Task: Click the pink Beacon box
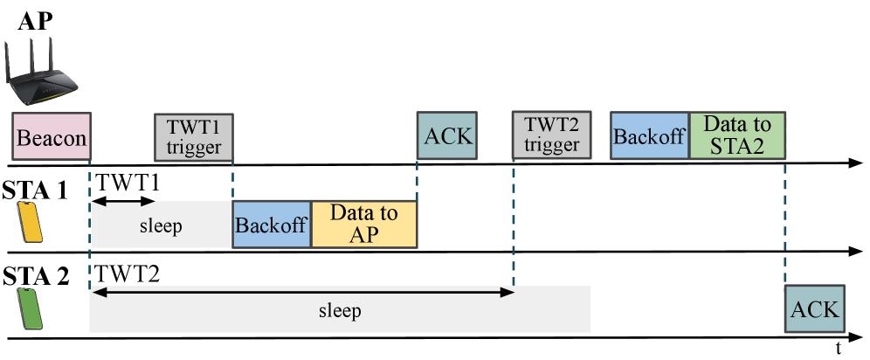pos(52,136)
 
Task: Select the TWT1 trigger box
pos(194,137)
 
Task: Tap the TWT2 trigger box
pos(552,135)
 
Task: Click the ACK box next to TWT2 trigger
pos(447,135)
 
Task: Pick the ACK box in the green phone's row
pos(814,308)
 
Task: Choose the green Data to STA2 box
pos(737,135)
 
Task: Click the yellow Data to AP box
pos(363,224)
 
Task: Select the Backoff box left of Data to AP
pos(271,224)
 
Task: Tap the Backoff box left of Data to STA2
pos(649,135)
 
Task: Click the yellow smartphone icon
pos(31,222)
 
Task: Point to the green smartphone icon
pos(31,309)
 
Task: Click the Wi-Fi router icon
pos(40,75)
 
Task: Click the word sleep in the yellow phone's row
pos(161,226)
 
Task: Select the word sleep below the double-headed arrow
pos(340,311)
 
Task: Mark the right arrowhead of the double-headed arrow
pos(507,293)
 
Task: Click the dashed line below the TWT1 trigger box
pos(233,181)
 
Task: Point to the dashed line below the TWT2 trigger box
pos(514,222)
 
